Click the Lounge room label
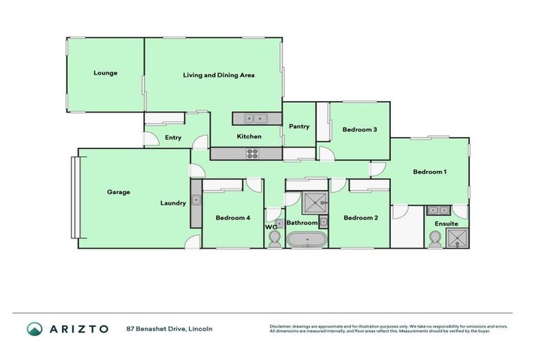click(105, 73)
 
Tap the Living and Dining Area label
click(219, 75)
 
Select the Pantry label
click(300, 127)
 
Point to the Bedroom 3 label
click(360, 129)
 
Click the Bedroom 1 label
click(430, 172)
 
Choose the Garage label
click(118, 192)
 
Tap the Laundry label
click(173, 203)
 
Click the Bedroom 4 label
click(233, 218)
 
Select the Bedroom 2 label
click(361, 218)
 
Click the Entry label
click(173, 138)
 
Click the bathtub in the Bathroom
click(307, 240)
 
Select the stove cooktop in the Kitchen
click(252, 153)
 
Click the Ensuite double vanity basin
click(439, 210)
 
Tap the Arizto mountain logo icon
click(34, 329)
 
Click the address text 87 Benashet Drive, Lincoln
click(169, 329)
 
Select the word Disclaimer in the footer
click(281, 326)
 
